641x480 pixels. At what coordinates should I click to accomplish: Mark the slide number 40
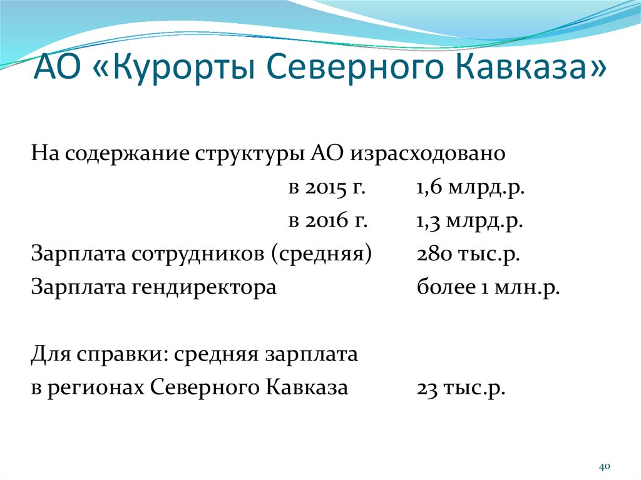pos(604,467)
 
